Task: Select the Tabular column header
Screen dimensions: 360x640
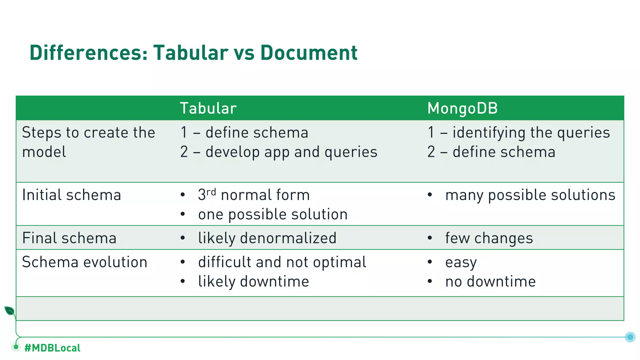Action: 208,108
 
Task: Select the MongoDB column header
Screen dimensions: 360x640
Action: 462,108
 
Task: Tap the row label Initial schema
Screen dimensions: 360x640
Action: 72,195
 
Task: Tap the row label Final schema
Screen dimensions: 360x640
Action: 69,238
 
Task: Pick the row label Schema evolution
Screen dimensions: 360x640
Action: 85,262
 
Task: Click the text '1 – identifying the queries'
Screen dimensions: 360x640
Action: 518,132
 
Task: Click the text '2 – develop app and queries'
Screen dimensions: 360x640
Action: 279,152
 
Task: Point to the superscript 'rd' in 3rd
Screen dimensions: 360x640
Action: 211,192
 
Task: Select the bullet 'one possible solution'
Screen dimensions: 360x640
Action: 273,215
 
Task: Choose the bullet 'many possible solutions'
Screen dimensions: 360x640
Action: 530,195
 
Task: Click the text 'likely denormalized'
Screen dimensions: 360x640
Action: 267,238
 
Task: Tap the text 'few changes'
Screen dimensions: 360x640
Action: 489,238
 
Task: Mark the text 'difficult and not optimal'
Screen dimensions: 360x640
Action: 282,262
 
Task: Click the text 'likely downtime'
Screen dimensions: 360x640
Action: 253,282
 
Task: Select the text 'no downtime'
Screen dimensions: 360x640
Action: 490,282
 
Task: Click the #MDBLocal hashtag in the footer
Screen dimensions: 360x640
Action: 52,348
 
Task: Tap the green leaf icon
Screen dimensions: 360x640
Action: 9,311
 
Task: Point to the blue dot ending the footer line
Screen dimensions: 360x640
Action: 630,337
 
